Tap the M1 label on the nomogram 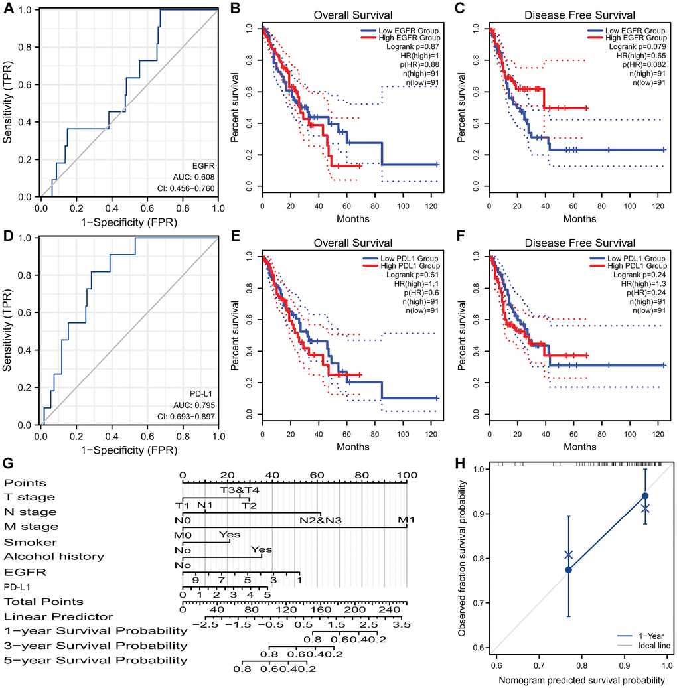406,519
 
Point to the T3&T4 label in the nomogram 235,490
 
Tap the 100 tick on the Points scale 406,475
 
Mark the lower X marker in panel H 568,555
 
